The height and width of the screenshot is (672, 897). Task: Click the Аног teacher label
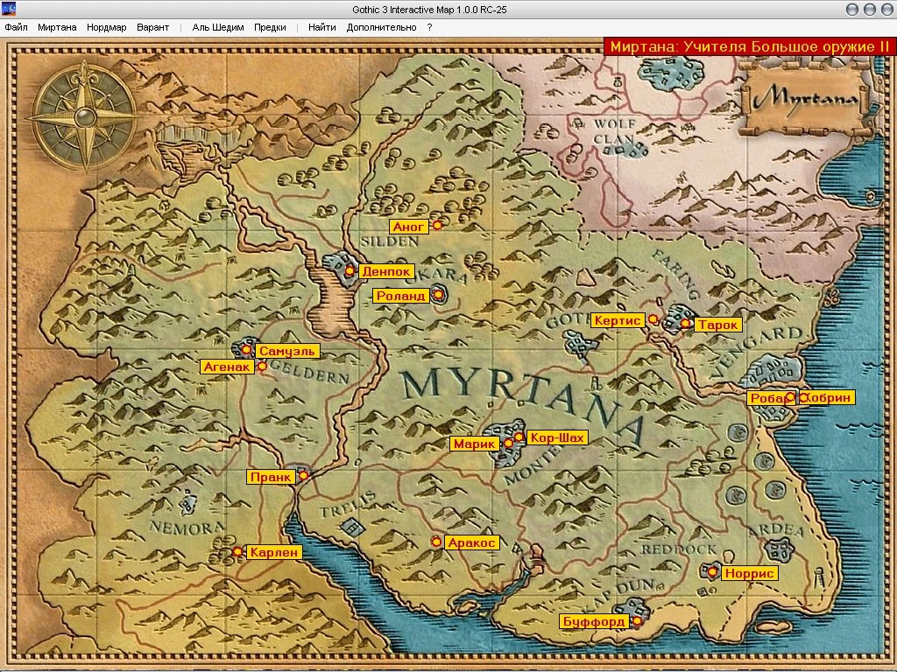pyautogui.click(x=409, y=227)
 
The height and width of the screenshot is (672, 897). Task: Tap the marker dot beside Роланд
pyautogui.click(x=438, y=296)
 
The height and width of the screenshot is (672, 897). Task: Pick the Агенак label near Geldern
pyautogui.click(x=228, y=367)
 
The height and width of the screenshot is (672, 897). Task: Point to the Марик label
pyautogui.click(x=475, y=444)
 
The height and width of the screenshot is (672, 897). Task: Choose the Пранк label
pyautogui.click(x=271, y=478)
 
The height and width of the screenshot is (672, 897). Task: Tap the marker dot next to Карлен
pyautogui.click(x=237, y=551)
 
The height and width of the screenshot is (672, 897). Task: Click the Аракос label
pyautogui.click(x=472, y=542)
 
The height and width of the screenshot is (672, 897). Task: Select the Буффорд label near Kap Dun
pyautogui.click(x=594, y=622)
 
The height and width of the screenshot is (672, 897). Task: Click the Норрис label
pyautogui.click(x=750, y=573)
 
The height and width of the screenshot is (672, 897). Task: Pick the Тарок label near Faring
pyautogui.click(x=718, y=325)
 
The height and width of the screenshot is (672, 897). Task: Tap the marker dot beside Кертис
pyautogui.click(x=653, y=319)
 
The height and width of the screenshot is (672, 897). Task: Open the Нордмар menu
pyautogui.click(x=106, y=27)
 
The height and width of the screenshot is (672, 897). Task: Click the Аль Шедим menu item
pyautogui.click(x=218, y=27)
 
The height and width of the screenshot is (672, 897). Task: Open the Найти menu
pyautogui.click(x=321, y=27)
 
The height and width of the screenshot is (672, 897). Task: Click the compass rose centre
pyautogui.click(x=85, y=117)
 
